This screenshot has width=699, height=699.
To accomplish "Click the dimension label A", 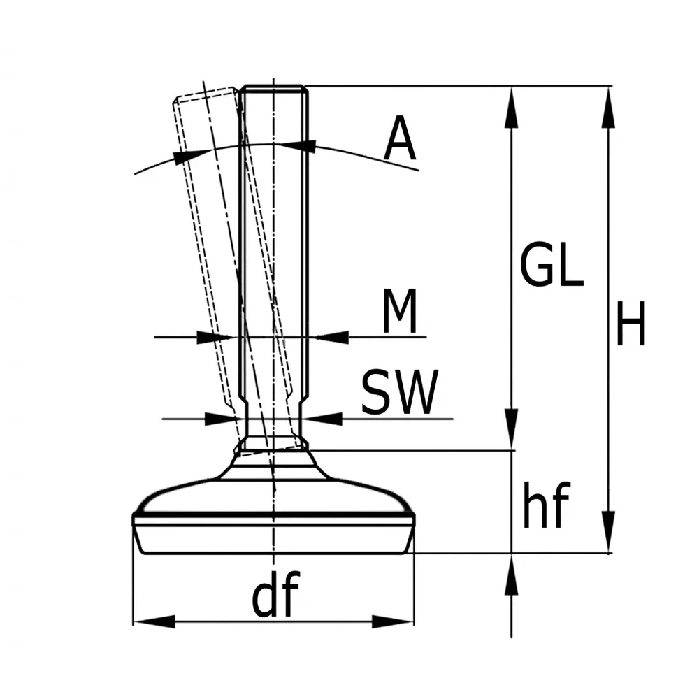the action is click(400, 138).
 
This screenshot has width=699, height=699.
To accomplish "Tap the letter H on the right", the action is click(630, 324).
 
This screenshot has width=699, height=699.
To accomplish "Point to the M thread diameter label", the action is click(400, 311).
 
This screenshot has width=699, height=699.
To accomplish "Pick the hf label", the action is click(546, 505).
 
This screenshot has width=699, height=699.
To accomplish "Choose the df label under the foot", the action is click(275, 593).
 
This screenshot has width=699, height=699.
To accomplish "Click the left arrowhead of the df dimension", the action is click(154, 621).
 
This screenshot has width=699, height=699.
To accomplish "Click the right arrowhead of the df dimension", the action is click(393, 621).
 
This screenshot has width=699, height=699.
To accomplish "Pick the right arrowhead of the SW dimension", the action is click(322, 419).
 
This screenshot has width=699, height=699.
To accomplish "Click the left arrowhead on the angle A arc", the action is click(191, 157).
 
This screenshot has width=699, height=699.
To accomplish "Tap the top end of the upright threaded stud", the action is click(274, 86).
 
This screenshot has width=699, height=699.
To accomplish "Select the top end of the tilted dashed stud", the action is click(205, 92).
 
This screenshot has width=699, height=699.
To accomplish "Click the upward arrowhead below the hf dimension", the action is click(511, 575).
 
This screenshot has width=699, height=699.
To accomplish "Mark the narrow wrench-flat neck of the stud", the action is click(273, 419).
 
